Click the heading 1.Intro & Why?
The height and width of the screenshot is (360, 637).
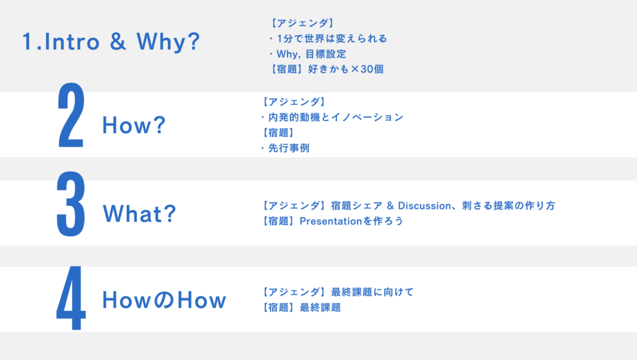click(x=111, y=42)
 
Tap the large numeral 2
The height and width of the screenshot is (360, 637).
click(x=71, y=115)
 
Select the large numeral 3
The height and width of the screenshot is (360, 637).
click(x=71, y=204)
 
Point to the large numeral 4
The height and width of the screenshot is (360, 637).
click(x=71, y=297)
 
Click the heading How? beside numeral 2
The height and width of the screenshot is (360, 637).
click(x=134, y=124)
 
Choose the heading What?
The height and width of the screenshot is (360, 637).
click(x=139, y=213)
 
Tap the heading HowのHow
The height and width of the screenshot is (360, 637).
click(x=164, y=300)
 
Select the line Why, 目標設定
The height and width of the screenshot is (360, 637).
click(x=311, y=54)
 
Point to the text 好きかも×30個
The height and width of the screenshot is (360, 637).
click(x=346, y=69)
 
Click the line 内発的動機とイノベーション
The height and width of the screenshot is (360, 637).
click(x=336, y=118)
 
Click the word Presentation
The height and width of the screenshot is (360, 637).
click(x=331, y=221)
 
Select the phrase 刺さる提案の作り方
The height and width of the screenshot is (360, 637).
click(x=509, y=206)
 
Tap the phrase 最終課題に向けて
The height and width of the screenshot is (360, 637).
click(x=373, y=292)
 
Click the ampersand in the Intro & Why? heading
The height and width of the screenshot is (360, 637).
click(x=118, y=42)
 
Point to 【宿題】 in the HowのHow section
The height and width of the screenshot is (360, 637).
click(x=279, y=307)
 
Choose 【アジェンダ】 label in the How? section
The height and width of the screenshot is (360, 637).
click(x=294, y=102)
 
